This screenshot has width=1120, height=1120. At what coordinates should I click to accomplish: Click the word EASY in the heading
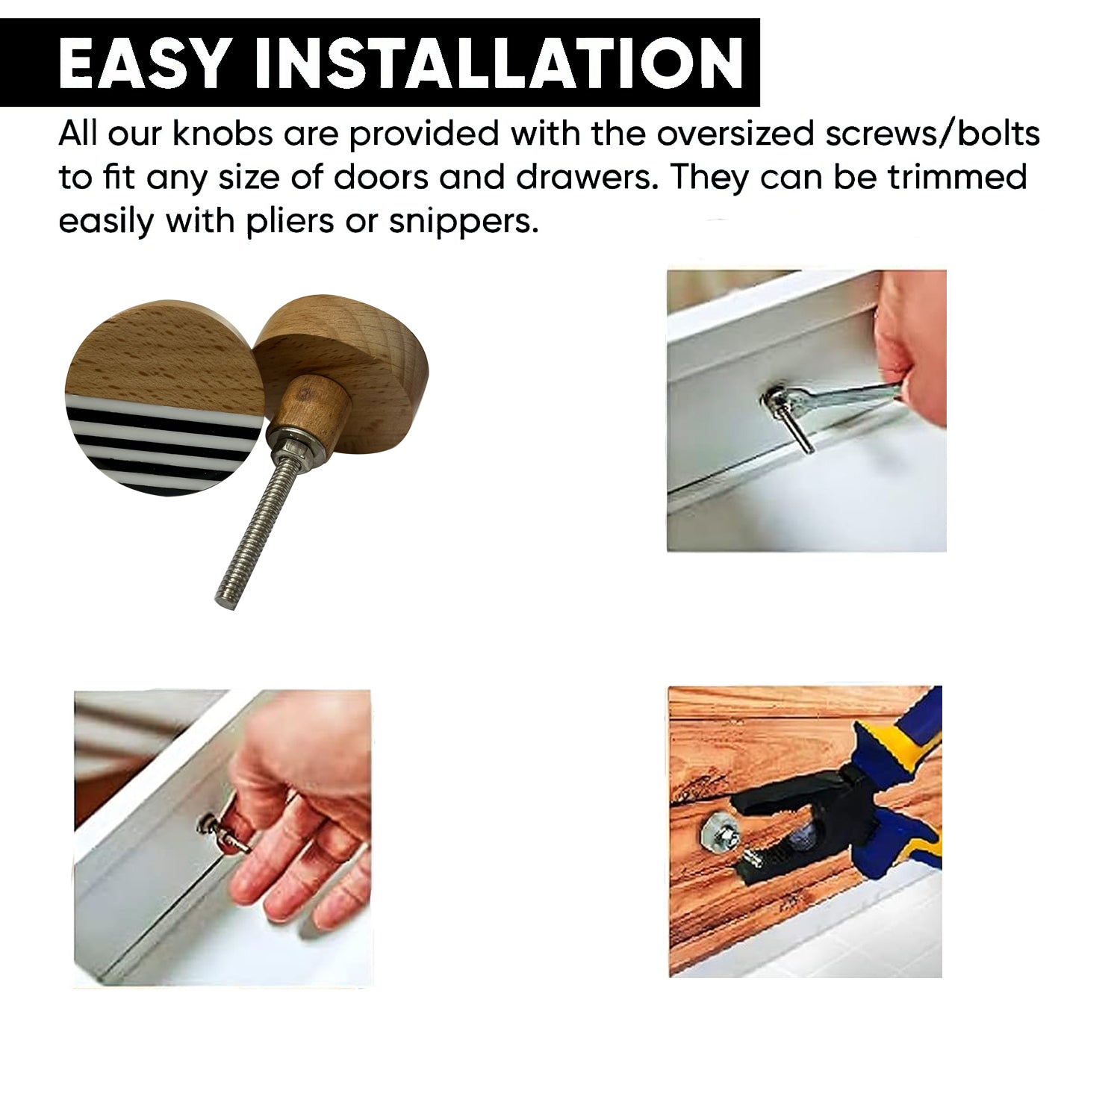142,63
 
